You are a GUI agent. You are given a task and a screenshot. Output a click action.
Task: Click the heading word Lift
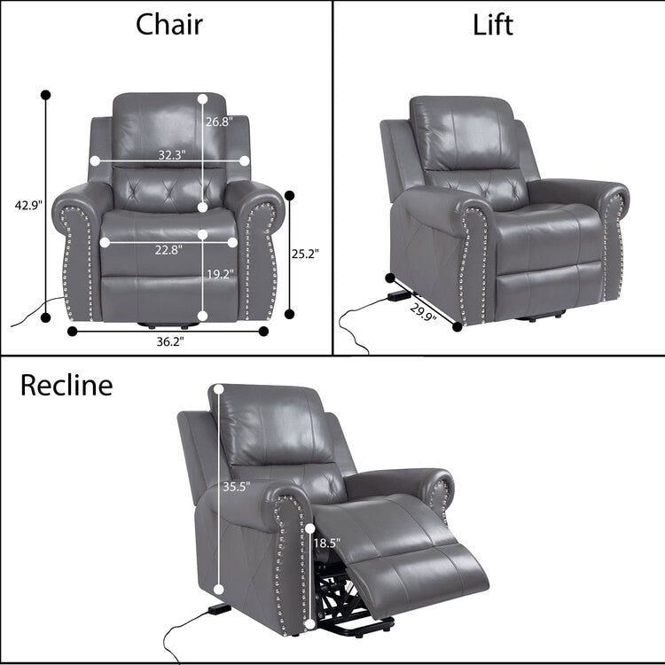point(492,24)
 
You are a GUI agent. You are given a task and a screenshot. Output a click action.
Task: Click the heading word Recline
point(66,385)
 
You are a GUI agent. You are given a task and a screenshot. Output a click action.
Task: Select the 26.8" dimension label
point(218,122)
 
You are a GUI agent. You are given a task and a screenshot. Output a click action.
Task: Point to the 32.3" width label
point(171,154)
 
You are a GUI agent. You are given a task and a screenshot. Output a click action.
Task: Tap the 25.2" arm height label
point(305,254)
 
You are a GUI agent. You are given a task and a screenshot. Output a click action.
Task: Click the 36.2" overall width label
point(169,340)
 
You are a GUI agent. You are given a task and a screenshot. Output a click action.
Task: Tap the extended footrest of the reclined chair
point(417,550)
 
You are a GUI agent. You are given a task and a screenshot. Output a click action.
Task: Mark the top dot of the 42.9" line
point(45,93)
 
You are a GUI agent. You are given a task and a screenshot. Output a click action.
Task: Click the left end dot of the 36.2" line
point(72,331)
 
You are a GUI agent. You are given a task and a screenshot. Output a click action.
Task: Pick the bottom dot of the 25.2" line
point(288,311)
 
